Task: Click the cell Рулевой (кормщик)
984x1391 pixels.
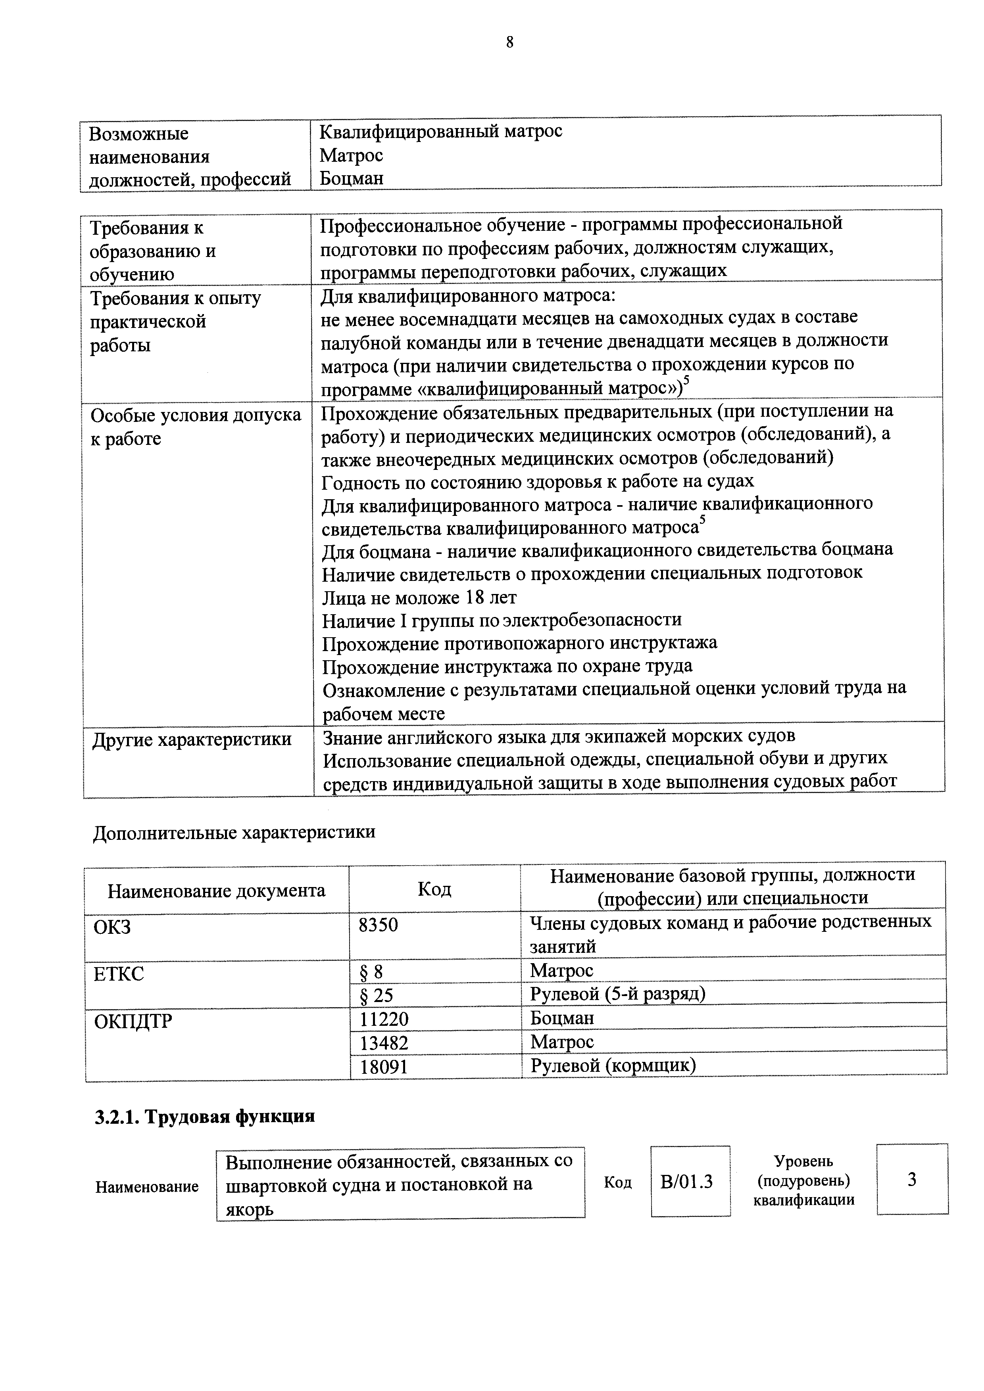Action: pos(612,1066)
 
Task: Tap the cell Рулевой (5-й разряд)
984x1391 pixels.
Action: pos(617,995)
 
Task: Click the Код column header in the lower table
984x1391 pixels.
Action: pos(434,889)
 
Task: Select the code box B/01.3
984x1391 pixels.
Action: pos(690,1182)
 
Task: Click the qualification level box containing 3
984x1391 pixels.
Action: pos(911,1180)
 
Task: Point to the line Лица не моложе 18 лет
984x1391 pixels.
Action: pos(419,598)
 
